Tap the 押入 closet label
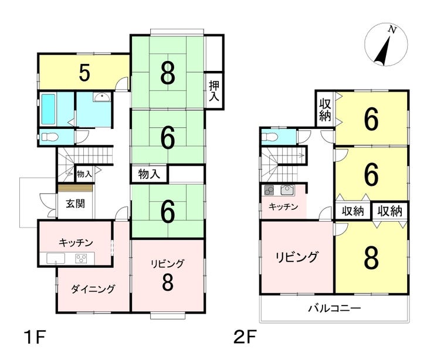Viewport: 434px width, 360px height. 214,91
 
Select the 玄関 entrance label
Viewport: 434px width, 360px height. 75,204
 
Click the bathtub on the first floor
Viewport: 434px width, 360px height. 48,109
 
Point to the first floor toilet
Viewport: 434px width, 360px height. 50,137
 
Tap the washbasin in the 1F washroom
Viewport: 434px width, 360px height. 102,97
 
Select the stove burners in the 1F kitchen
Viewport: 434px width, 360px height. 81,259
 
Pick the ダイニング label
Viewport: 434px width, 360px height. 93,289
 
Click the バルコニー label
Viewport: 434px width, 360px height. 335,308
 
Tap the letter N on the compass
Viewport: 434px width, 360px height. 392,29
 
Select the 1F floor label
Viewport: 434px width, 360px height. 35,338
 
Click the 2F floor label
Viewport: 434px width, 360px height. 246,338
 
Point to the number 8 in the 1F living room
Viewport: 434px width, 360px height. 168,281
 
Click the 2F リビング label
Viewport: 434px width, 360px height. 296,257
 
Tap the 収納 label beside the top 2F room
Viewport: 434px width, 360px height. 325,110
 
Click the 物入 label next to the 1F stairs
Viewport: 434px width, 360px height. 84,174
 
